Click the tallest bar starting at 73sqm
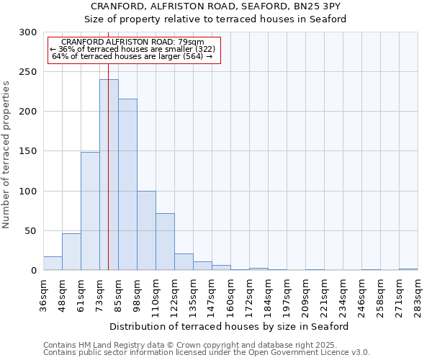[x=109, y=175]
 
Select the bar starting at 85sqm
[x=127, y=185]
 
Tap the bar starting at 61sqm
[x=90, y=211]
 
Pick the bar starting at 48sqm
[x=71, y=252]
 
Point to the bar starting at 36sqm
[x=53, y=264]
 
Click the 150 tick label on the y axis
[x=28, y=152]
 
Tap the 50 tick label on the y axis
[x=31, y=231]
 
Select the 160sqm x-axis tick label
[x=230, y=296]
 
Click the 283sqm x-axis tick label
[x=418, y=296]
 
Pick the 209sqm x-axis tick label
[x=305, y=296]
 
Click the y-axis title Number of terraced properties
[x=6, y=155]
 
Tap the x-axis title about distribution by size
[x=230, y=326]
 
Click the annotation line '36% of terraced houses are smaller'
[x=132, y=49]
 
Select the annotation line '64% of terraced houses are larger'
[x=132, y=56]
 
